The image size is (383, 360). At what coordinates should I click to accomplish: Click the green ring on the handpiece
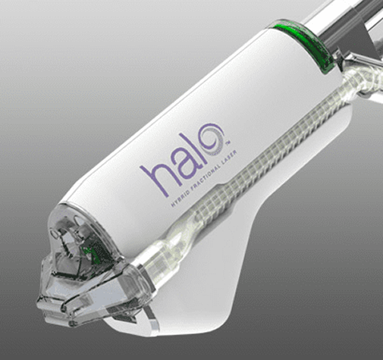[303, 45]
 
